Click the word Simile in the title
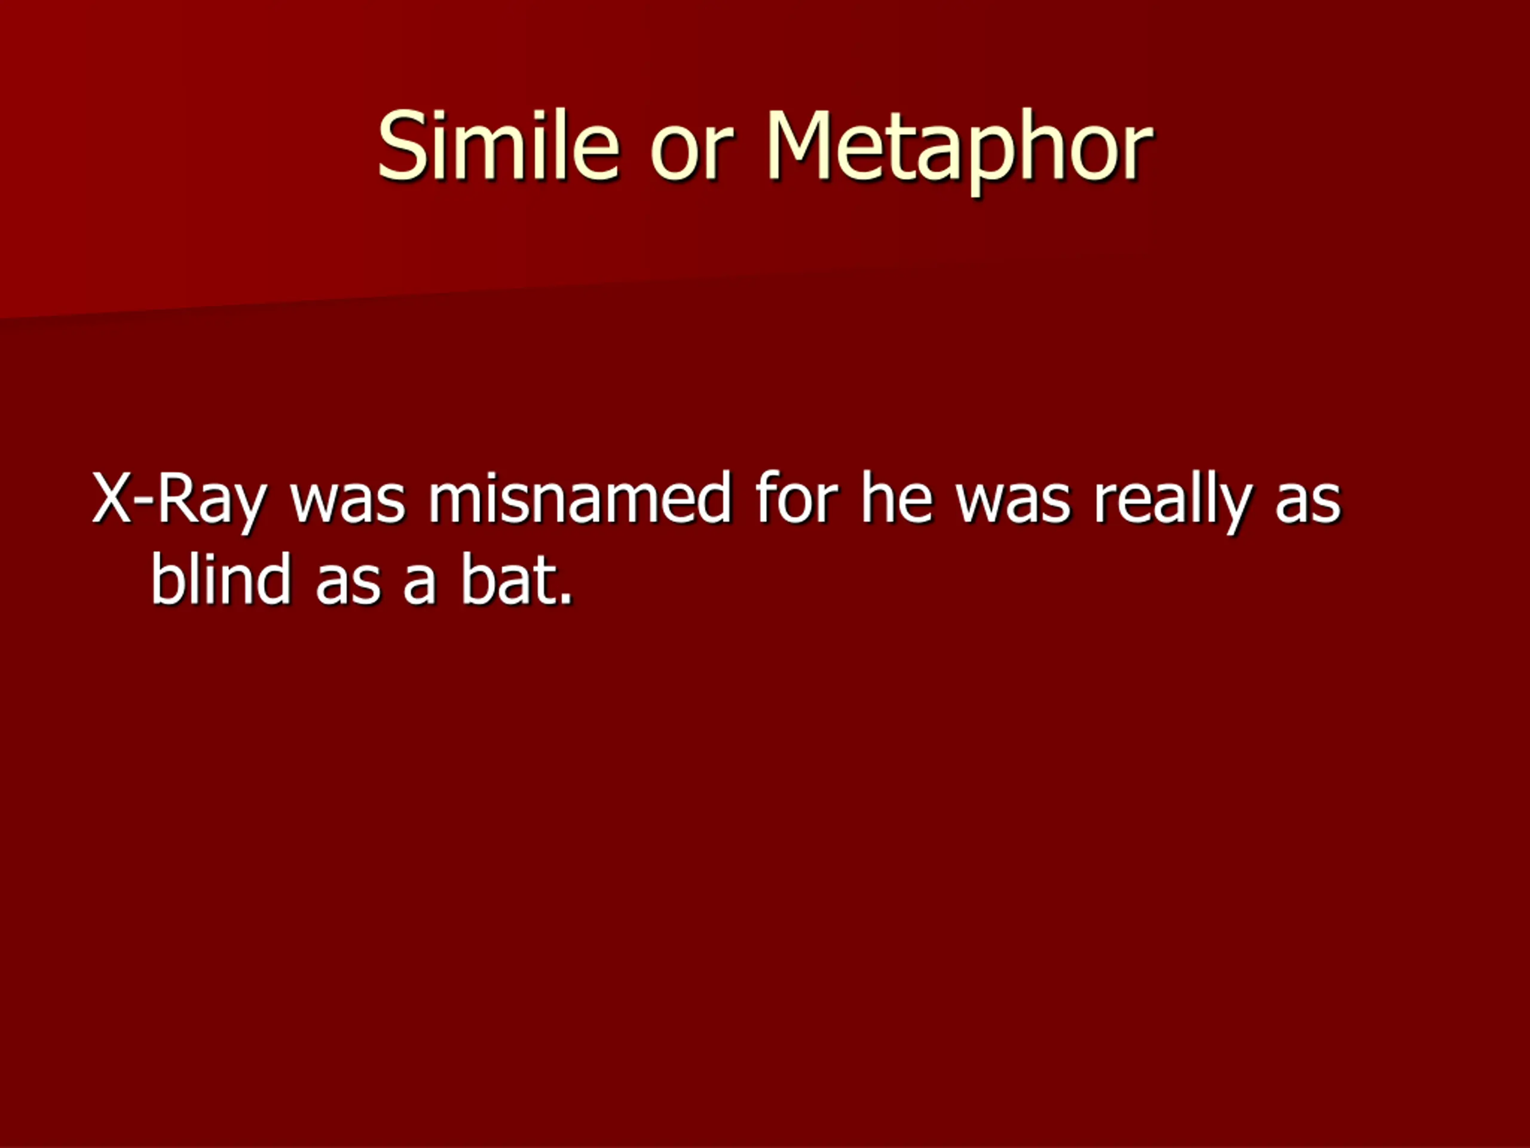coord(498,146)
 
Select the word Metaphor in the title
coord(959,151)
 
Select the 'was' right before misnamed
coord(347,503)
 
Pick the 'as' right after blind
coord(348,585)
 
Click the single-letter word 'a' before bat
coord(420,585)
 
